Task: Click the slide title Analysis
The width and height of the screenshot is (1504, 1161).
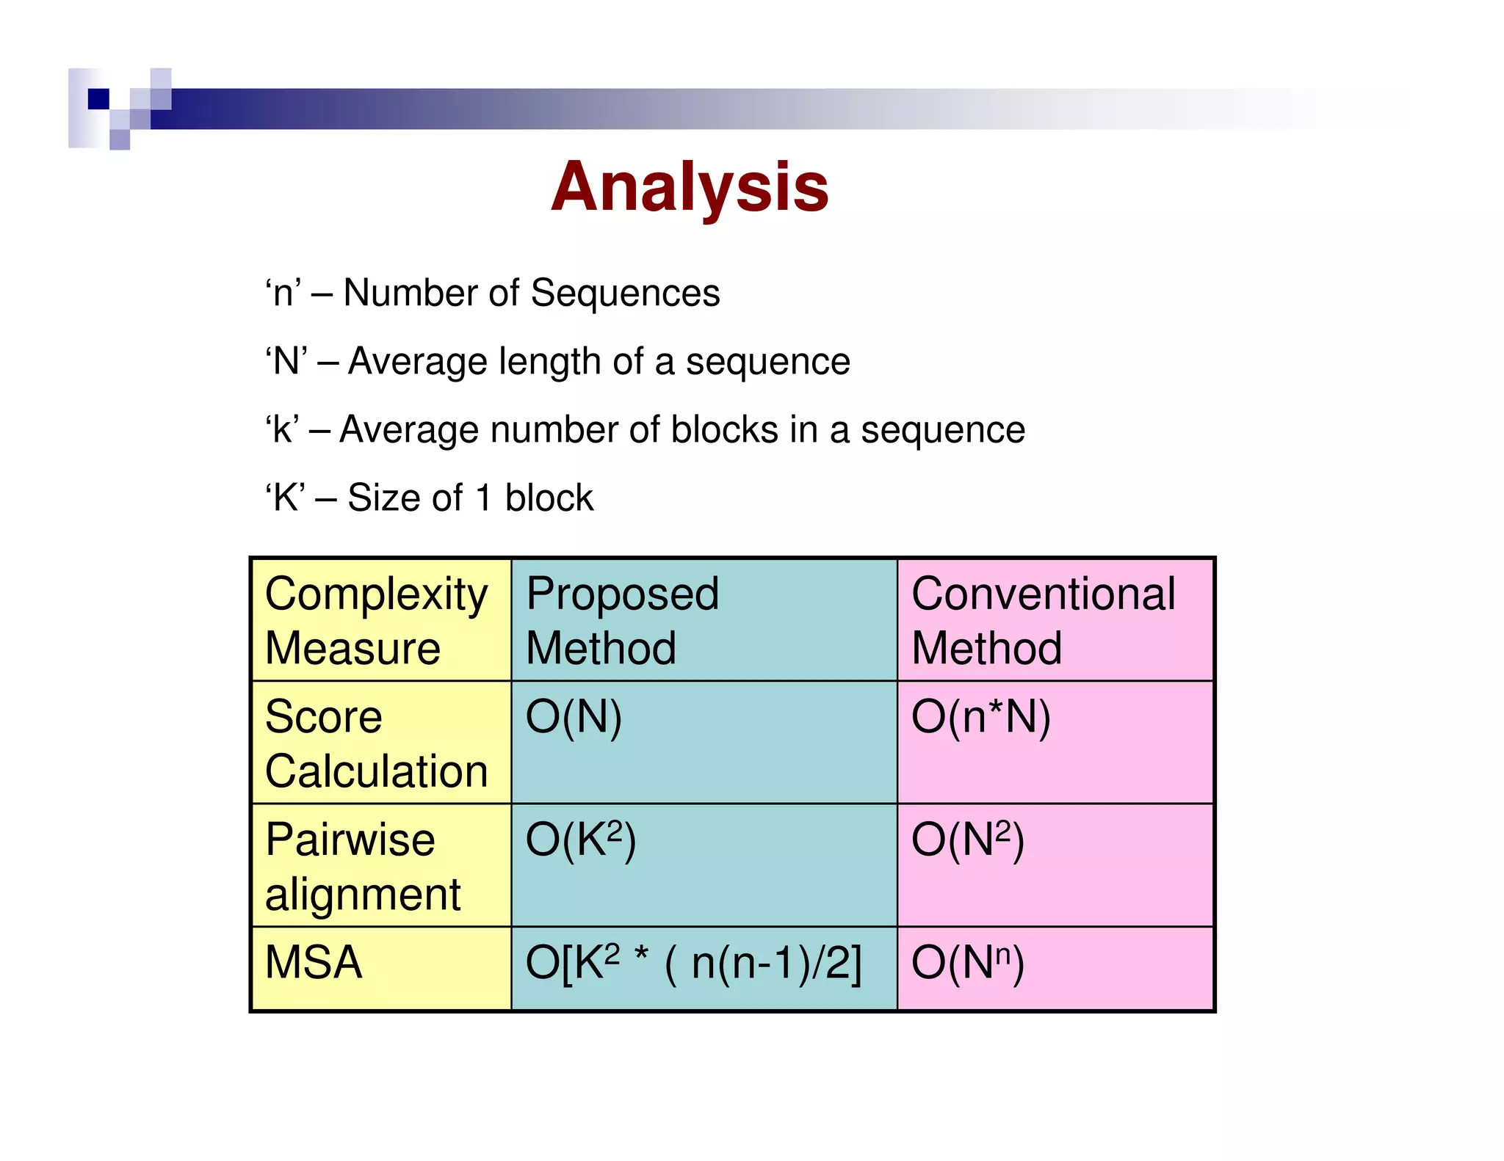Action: point(690,187)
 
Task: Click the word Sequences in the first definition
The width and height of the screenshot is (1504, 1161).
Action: point(625,293)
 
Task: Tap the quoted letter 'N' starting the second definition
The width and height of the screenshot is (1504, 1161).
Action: point(286,361)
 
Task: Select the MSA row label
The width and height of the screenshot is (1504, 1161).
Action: point(314,962)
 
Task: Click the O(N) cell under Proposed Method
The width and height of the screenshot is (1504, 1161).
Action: point(574,717)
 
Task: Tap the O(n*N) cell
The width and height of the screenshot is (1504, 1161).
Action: point(981,717)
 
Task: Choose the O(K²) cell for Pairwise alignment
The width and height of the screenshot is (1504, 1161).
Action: point(580,840)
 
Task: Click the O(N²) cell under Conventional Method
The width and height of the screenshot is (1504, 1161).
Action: point(968,840)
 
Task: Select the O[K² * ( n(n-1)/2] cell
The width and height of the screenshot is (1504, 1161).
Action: point(693,962)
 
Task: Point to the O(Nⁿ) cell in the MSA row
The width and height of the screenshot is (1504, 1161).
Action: point(968,962)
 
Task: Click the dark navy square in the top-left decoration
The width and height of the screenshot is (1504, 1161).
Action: point(98,98)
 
